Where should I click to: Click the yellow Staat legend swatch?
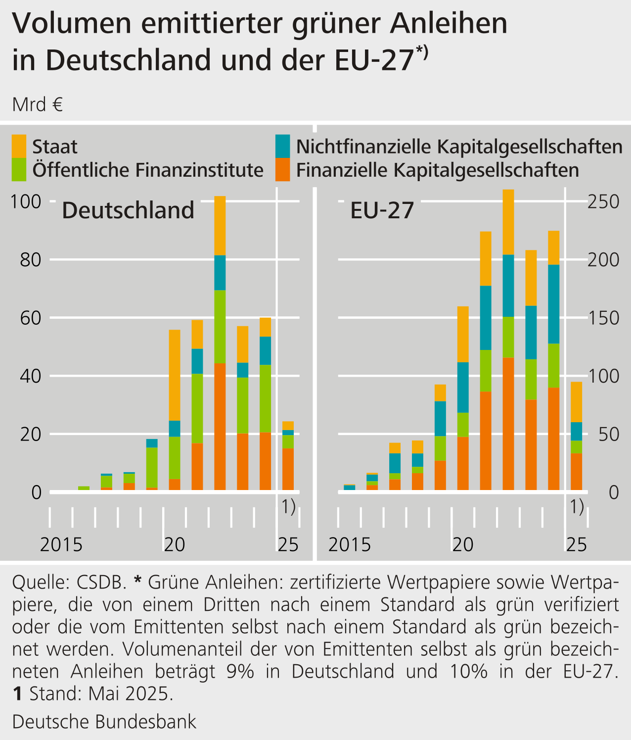[19, 146]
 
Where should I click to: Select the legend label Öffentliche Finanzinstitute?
[148, 170]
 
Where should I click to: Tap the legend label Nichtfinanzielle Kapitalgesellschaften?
[459, 147]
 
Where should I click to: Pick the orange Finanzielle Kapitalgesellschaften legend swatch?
[283, 170]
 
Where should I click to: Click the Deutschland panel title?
[128, 210]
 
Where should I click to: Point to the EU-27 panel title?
[382, 210]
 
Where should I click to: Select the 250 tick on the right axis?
[603, 201]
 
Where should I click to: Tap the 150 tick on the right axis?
[603, 318]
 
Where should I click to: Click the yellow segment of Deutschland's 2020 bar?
[175, 375]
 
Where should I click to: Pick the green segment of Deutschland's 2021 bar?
[197, 408]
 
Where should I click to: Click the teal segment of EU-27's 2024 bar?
[553, 304]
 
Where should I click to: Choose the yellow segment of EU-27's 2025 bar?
[576, 402]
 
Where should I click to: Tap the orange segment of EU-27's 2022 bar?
[508, 424]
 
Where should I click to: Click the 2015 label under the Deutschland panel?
[61, 544]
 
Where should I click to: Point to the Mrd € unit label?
[38, 104]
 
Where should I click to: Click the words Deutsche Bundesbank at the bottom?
[104, 722]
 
